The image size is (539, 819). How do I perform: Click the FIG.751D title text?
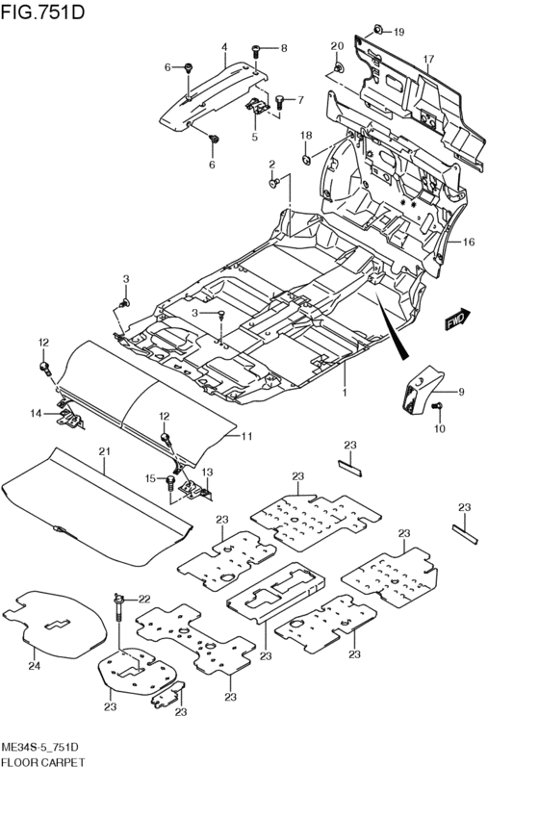42,12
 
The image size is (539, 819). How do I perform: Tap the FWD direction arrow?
458,319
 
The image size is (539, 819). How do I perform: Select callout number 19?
398,33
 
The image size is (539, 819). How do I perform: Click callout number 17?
428,59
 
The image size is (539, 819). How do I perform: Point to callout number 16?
469,242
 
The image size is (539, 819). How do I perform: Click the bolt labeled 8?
256,52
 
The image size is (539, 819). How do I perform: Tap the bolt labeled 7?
279,101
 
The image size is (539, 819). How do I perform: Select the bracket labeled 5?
258,105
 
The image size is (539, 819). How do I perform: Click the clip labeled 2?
273,182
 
